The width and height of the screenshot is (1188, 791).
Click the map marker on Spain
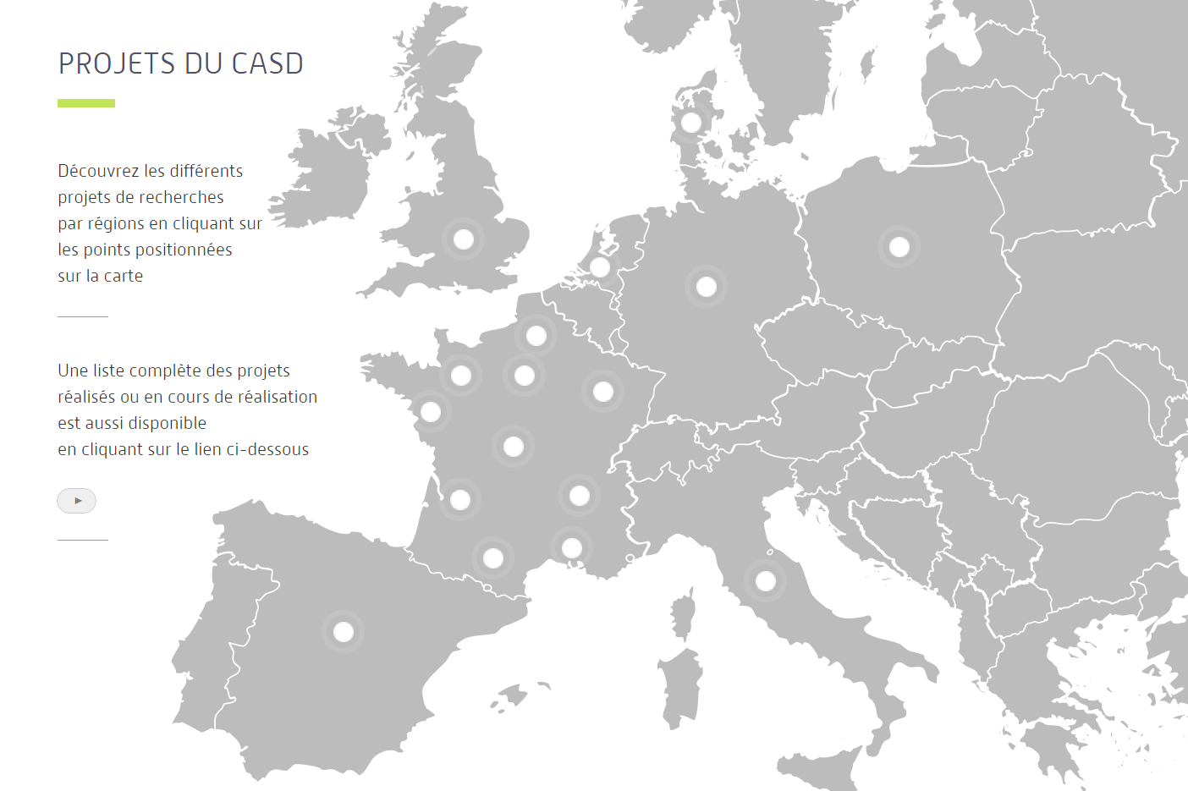(x=344, y=631)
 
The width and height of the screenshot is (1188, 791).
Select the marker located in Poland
(x=899, y=247)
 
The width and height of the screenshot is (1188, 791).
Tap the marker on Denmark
(x=691, y=123)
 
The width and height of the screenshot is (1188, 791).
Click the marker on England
(x=464, y=239)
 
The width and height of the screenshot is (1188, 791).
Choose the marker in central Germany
(x=707, y=288)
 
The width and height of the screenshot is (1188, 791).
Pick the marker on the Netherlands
(x=600, y=267)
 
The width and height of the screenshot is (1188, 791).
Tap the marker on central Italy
(x=766, y=581)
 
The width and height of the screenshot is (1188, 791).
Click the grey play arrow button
(x=77, y=501)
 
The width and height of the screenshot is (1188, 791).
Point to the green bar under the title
(x=86, y=103)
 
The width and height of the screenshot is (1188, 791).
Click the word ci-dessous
(x=267, y=449)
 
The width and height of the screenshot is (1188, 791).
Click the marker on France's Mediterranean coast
(x=572, y=548)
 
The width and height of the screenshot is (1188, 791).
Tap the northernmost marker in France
(x=536, y=336)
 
